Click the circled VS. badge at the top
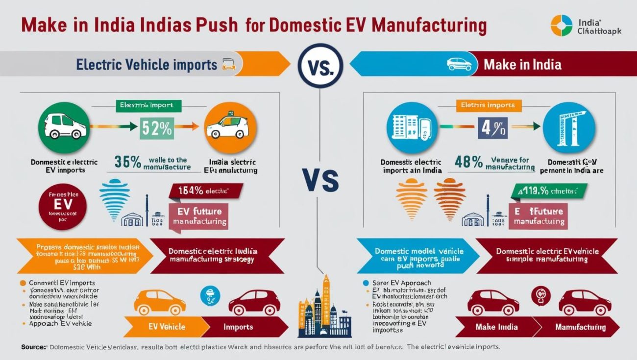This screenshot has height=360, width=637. pyautogui.click(x=319, y=66)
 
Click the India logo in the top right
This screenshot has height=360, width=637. pyautogui.click(x=561, y=26)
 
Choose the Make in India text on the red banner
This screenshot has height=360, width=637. pyautogui.click(x=522, y=65)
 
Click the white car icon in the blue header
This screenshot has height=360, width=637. pyautogui.click(x=460, y=64)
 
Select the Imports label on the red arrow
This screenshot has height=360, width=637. pyautogui.click(x=238, y=327)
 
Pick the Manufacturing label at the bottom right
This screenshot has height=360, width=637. pyautogui.click(x=580, y=327)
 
